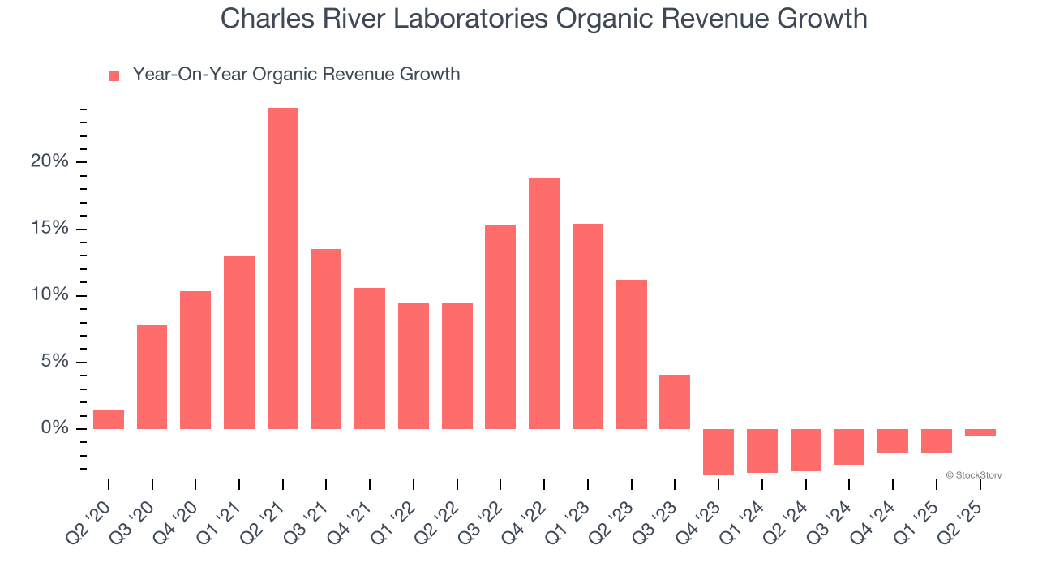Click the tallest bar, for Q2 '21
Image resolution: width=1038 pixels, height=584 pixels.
(283, 268)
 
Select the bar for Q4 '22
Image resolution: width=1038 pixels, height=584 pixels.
(544, 303)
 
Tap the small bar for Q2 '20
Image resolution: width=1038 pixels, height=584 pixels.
(109, 419)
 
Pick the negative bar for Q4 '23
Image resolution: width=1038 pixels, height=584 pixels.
(718, 452)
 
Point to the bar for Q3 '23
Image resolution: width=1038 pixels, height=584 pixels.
(675, 401)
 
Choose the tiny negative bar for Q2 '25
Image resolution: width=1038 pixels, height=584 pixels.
(980, 432)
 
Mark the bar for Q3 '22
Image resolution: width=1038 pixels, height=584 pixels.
(500, 327)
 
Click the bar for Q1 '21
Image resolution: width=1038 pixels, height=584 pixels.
(239, 342)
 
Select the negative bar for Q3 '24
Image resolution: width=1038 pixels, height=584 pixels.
(849, 447)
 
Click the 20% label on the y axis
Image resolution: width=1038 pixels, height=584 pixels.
(49, 161)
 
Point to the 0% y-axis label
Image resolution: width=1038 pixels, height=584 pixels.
(54, 428)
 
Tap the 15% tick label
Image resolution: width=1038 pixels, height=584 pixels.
(49, 228)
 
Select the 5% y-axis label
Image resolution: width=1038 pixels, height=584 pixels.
(54, 362)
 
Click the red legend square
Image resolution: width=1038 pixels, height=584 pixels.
(114, 75)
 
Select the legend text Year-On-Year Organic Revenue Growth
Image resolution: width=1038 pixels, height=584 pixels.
(296, 75)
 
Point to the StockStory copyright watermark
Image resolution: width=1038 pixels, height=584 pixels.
(973, 475)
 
